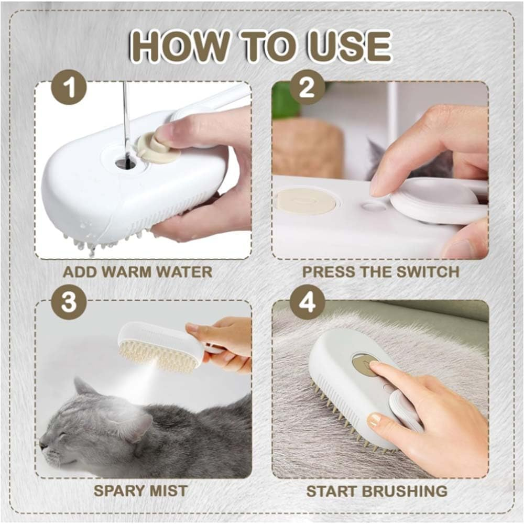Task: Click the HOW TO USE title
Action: point(260,47)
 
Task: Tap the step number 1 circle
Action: point(69,88)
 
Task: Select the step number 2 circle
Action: point(307,88)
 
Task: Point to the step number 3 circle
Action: point(69,302)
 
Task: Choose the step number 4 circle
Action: point(307,302)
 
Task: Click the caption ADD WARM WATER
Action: point(137,272)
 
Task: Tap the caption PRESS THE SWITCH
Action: point(380,272)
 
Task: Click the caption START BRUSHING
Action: point(377,491)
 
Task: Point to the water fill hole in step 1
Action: point(126,163)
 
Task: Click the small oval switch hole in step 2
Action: point(373,206)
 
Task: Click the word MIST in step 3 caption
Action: point(168,491)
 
